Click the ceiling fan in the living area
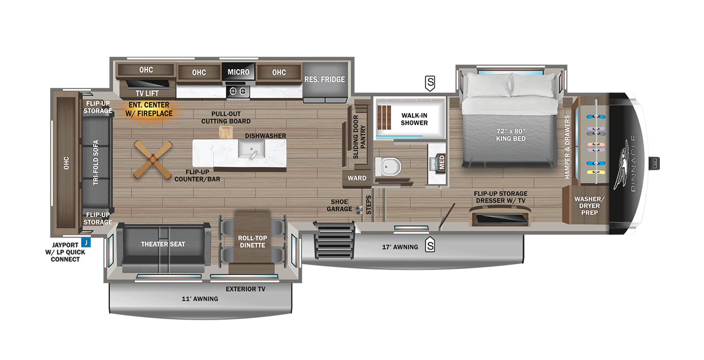[x=153, y=160]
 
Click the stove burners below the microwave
[x=238, y=91]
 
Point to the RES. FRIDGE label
[x=325, y=79]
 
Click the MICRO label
[x=238, y=72]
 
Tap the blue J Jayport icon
[x=86, y=243]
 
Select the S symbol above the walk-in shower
[x=430, y=83]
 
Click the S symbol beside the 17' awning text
[x=430, y=246]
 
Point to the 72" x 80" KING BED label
[x=511, y=135]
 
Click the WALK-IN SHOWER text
[x=414, y=119]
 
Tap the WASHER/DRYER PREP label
[x=589, y=206]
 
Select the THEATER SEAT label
[x=163, y=244]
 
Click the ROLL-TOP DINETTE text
[x=252, y=241]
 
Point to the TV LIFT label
[x=147, y=94]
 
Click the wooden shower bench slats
[x=384, y=117]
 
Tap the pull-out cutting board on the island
[x=226, y=133]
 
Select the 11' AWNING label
[x=200, y=299]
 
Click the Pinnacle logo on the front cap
[x=626, y=164]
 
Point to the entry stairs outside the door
[x=334, y=239]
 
